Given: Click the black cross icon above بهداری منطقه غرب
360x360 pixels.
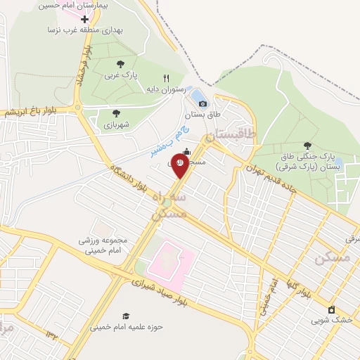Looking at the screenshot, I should coord(85,19).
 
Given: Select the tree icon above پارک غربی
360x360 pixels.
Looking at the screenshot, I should coord(116,62).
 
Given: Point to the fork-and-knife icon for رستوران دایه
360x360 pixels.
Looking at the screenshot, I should coord(167,79).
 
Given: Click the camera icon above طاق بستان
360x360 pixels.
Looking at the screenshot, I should coord(202,103).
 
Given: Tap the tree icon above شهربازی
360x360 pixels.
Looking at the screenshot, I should coord(116,112).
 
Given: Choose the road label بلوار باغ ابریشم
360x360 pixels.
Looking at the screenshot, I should coord(30,112).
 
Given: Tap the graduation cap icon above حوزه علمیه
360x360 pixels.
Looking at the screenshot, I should coord(127,316).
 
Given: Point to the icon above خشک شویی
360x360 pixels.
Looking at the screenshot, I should coord(331,309).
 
